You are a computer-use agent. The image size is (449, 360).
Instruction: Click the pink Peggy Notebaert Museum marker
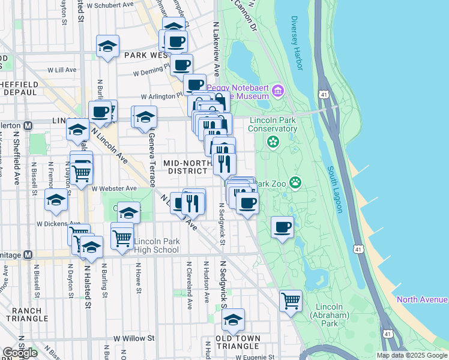coord(277,91)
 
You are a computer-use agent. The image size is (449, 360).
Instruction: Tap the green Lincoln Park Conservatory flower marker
coord(273,142)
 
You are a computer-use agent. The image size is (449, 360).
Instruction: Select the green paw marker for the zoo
coord(295,181)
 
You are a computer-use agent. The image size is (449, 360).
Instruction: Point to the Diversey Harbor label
coord(296,43)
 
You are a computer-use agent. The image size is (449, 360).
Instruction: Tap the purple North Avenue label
coord(422,299)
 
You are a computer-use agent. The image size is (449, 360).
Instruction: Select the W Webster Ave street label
coord(115,188)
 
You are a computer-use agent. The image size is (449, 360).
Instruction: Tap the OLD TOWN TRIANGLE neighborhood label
coord(238,342)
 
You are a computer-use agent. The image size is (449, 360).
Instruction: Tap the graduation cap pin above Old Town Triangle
coord(233,319)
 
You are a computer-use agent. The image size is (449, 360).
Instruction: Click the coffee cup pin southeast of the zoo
coord(283,227)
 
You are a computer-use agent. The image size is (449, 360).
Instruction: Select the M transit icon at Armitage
coord(27,254)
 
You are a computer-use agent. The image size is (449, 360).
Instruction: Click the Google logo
coord(19,353)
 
